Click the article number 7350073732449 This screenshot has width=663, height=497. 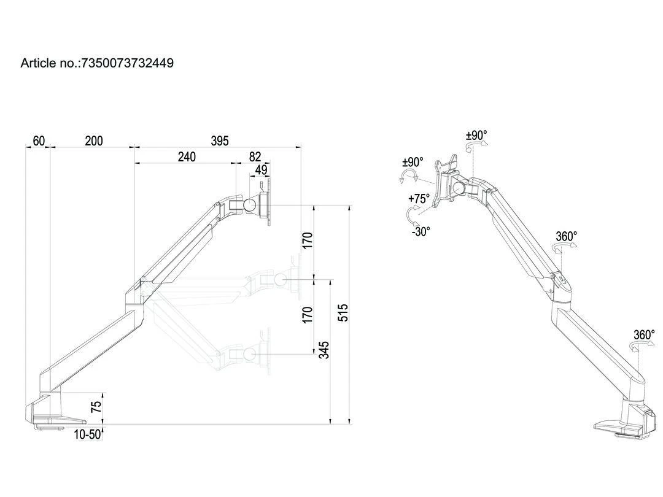[127, 63]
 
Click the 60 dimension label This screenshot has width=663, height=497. [39, 141]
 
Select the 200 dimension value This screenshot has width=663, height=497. [93, 141]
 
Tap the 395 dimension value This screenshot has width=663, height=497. [219, 141]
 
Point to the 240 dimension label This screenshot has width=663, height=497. [187, 157]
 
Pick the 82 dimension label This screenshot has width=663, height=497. [255, 157]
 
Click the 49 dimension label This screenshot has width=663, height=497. [262, 170]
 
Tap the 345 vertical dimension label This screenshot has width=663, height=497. [324, 350]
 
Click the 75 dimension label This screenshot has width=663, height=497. [96, 407]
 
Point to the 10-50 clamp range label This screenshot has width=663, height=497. [88, 434]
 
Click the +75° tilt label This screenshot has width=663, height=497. [419, 198]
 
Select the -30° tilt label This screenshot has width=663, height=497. [421, 231]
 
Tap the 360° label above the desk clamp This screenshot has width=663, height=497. [644, 335]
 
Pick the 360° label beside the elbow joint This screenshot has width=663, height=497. [566, 236]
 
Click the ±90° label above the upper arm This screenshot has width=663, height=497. [476, 136]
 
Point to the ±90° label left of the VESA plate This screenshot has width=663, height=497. [413, 162]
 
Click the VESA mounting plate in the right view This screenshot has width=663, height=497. [448, 180]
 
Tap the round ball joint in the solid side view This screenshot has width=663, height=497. [249, 205]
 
